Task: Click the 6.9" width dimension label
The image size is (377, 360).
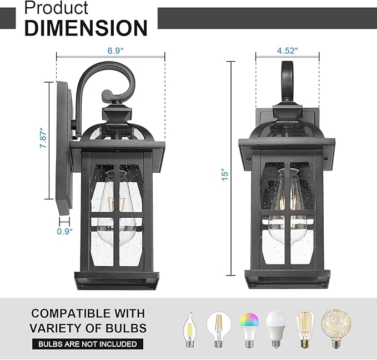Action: point(115,50)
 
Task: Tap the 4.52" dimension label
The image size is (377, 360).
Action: point(288,50)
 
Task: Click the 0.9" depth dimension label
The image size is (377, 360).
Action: point(64,232)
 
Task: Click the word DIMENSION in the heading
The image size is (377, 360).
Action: point(86,27)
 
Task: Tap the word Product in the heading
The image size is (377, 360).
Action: point(56,8)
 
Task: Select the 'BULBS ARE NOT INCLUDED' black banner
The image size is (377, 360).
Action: point(87,344)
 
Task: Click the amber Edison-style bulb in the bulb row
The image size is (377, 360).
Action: point(304,329)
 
